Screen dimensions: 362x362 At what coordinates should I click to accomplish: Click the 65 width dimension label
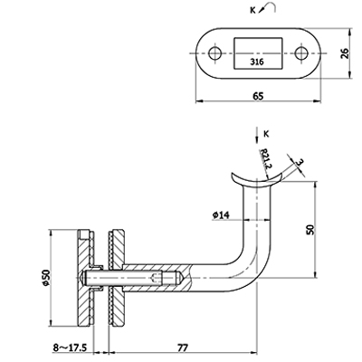coord(258,96)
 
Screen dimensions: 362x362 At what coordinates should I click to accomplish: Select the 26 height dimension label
coord(345,53)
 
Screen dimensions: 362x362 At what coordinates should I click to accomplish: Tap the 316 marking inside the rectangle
coord(257,62)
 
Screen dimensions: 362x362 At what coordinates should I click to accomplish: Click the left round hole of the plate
coord(215,53)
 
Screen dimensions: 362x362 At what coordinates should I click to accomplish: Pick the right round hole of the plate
coord(301,53)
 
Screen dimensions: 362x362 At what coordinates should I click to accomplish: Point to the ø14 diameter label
coord(221,214)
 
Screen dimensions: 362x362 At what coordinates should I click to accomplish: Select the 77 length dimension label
coord(183,348)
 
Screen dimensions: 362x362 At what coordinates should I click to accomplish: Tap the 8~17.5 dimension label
coord(70,348)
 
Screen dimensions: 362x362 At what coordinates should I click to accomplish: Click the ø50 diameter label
coord(46,278)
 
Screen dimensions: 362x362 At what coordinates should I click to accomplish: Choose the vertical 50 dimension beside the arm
coord(310,230)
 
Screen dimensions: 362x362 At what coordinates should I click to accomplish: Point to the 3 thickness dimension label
coord(300,163)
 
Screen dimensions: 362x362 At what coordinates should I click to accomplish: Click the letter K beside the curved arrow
coord(252,11)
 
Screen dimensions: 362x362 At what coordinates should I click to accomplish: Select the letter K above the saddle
coord(266,134)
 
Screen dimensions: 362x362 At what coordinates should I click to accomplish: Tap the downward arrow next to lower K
coord(256,135)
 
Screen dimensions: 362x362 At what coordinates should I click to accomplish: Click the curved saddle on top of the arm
coord(256,180)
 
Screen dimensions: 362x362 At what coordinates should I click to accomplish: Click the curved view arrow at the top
coord(268,7)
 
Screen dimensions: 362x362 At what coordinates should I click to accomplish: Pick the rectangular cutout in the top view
coord(258,53)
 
